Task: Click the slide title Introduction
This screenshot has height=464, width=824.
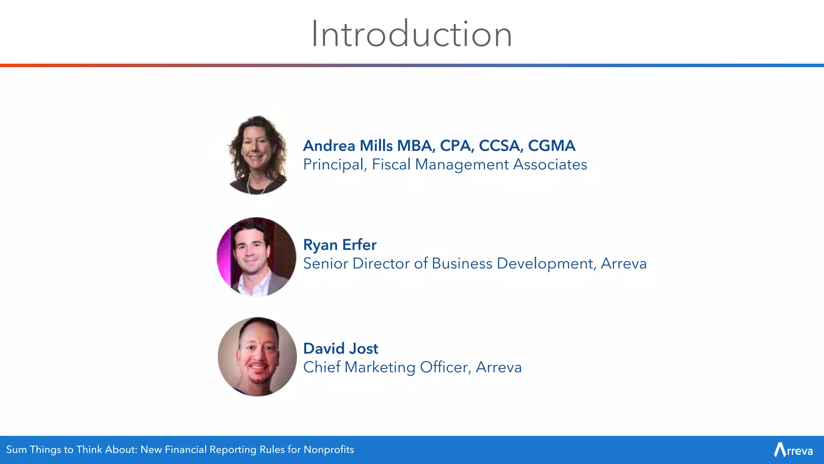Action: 412,34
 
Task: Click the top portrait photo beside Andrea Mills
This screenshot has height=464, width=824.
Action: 257,155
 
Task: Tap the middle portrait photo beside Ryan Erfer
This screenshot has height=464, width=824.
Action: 256,257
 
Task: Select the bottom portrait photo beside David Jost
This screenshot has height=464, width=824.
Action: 257,356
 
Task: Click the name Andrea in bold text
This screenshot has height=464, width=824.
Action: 329,146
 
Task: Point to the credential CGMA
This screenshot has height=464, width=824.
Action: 551,146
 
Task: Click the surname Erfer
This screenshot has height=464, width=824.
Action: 359,245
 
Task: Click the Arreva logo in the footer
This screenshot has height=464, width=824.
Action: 793,450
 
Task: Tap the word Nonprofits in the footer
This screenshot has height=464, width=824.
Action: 329,449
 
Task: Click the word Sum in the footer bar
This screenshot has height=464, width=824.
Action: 16,449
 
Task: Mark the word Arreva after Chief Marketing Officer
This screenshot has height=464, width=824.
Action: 499,367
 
